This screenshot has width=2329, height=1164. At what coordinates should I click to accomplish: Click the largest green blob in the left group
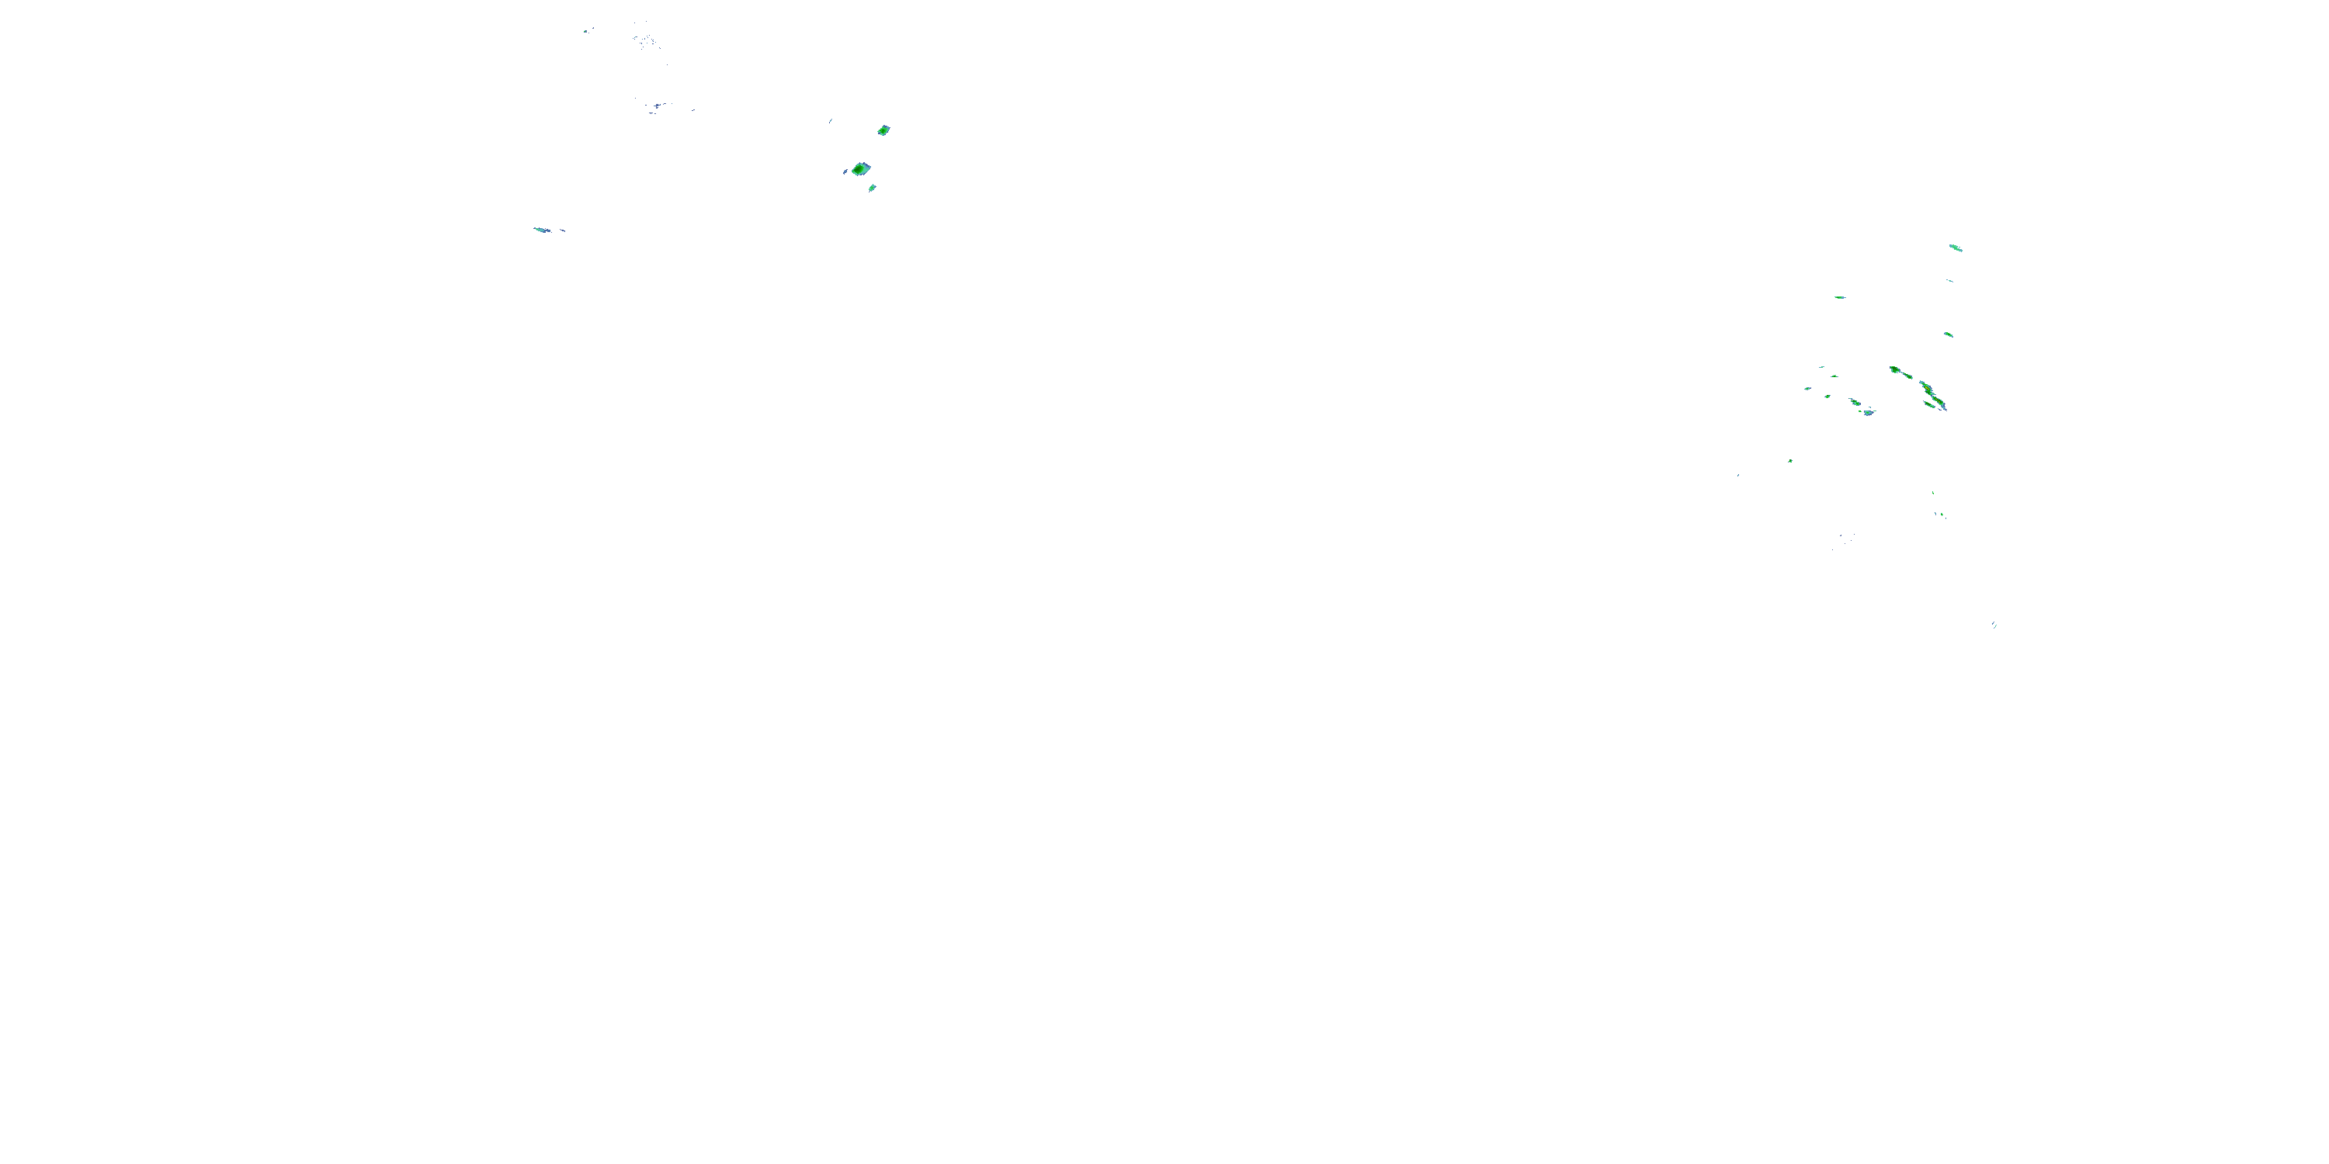click(x=861, y=168)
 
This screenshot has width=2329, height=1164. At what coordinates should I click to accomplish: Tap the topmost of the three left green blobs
click(x=883, y=130)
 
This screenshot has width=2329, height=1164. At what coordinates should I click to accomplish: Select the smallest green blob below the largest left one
click(x=873, y=188)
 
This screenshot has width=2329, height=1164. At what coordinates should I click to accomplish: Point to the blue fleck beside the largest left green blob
click(x=846, y=171)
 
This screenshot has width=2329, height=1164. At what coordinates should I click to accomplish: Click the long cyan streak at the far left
click(x=542, y=230)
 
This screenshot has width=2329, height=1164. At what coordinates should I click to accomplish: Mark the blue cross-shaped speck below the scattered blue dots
click(x=653, y=109)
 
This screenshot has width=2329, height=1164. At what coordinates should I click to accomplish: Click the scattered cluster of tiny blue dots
click(x=646, y=40)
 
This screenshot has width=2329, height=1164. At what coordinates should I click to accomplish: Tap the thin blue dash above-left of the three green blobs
click(x=830, y=120)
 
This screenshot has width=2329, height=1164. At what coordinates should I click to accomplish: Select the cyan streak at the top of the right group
click(x=1956, y=248)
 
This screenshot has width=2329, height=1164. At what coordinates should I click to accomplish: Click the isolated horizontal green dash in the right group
click(x=1840, y=297)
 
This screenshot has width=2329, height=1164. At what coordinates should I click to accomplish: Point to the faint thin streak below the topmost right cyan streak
click(x=1949, y=281)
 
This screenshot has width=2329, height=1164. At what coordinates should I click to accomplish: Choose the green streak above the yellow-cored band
click(x=1949, y=334)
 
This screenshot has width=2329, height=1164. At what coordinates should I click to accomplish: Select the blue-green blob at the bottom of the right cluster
click(x=1868, y=412)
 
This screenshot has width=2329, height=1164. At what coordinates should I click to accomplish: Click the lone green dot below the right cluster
click(x=1790, y=461)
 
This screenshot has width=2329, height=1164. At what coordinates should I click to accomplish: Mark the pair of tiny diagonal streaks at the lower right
click(x=1994, y=625)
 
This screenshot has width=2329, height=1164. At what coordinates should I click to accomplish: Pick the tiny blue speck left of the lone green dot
click(x=1737, y=474)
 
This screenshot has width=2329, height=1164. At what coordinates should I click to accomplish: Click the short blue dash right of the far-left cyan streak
click(x=562, y=230)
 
